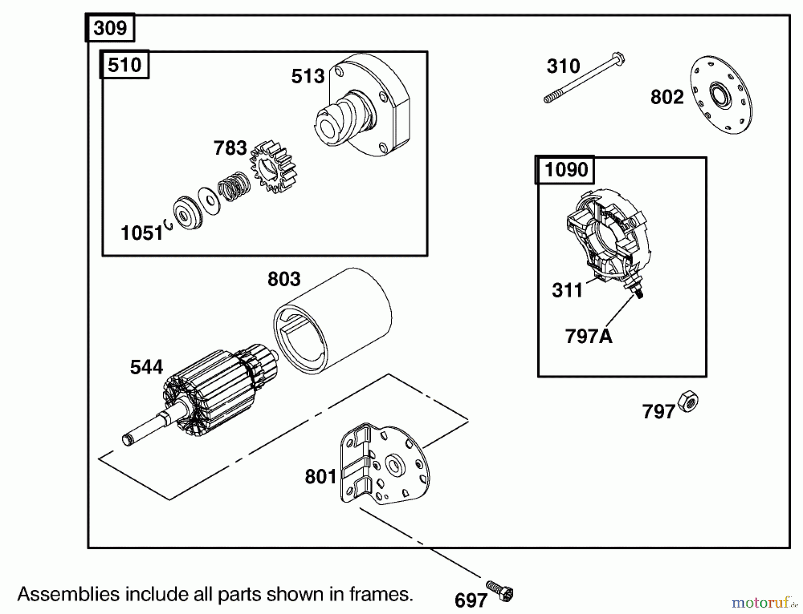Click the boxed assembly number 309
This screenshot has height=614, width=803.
[110, 28]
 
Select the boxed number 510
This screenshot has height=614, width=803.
[124, 65]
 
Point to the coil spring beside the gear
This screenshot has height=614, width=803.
[233, 185]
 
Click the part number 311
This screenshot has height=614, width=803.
[567, 291]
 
